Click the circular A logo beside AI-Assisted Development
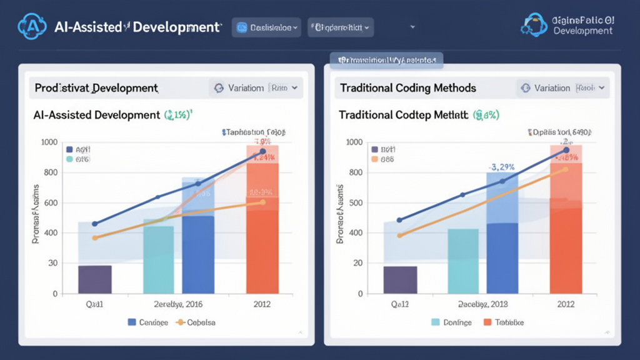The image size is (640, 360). pyautogui.click(x=32, y=26)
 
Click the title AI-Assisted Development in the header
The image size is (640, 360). pyautogui.click(x=137, y=27)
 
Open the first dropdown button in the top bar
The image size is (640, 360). pyautogui.click(x=267, y=27)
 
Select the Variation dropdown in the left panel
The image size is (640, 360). pyautogui.click(x=256, y=88)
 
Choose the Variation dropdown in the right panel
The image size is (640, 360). pyautogui.click(x=562, y=88)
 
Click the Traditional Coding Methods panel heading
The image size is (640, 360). pyautogui.click(x=407, y=88)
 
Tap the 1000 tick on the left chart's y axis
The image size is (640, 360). pyautogui.click(x=49, y=142)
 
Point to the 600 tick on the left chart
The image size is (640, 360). pyautogui.click(x=49, y=202)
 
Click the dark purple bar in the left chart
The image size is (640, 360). pyautogui.click(x=95, y=279)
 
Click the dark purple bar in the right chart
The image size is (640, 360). pyautogui.click(x=399, y=279)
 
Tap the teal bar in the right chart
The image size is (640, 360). pyautogui.click(x=463, y=261)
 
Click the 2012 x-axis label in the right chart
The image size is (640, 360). pyautogui.click(x=566, y=304)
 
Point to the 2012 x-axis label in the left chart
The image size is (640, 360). pyautogui.click(x=262, y=304)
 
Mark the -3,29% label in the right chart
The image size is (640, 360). pyautogui.click(x=502, y=167)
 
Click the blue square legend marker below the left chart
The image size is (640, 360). pyautogui.click(x=132, y=322)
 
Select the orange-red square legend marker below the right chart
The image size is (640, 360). pyautogui.click(x=488, y=322)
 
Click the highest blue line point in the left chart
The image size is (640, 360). pyautogui.click(x=262, y=151)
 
